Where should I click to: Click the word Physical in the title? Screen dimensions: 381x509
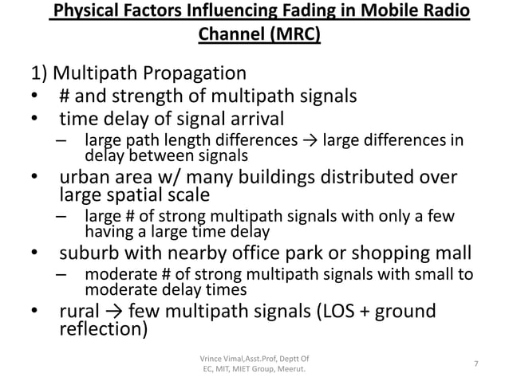(85, 13)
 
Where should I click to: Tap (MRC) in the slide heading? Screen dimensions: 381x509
(293, 36)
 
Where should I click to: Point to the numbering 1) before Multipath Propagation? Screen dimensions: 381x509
(38, 75)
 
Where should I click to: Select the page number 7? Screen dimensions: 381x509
(475, 363)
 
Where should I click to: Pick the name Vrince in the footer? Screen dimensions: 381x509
(213, 355)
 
